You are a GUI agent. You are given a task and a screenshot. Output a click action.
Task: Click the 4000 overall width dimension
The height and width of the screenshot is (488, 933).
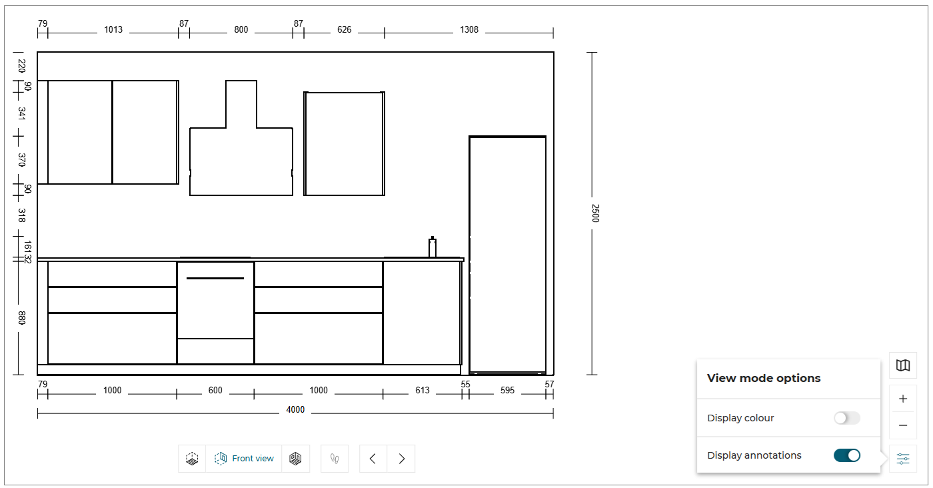point(295,409)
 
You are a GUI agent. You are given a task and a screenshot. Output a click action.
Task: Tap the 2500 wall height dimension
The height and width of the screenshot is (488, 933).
point(595,213)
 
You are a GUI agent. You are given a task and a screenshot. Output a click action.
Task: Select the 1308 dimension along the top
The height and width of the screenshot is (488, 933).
point(469,29)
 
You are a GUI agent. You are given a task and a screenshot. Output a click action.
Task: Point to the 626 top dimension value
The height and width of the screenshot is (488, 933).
point(344,29)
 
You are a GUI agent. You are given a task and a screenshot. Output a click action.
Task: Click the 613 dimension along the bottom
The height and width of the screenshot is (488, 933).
point(423,390)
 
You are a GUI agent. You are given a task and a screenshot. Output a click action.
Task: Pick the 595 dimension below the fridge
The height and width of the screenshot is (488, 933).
point(507,390)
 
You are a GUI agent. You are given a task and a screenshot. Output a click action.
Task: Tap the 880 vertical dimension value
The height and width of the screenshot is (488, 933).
point(21,318)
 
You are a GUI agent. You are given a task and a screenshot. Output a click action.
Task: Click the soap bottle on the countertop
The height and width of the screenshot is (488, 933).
point(433,247)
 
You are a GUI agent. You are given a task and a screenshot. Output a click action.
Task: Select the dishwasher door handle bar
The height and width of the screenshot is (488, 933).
point(215,278)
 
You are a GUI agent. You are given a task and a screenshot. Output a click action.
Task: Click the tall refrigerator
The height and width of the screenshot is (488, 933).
point(507,255)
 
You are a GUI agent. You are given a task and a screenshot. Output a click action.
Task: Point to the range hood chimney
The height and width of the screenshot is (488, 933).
point(241,104)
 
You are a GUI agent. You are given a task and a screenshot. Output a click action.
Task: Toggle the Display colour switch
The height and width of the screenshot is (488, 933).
point(847,418)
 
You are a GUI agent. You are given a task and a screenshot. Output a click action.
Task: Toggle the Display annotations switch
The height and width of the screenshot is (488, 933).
point(847,455)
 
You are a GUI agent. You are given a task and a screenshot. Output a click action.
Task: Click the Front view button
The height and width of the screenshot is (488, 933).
point(244,459)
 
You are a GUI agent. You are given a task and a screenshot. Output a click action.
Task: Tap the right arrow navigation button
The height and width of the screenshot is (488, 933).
point(401,459)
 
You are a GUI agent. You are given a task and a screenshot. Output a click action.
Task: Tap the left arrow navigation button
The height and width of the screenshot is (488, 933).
point(373,459)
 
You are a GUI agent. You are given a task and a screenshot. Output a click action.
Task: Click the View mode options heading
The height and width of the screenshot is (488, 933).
point(764,378)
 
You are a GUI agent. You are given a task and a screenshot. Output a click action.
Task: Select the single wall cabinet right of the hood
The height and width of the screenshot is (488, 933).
point(344,143)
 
